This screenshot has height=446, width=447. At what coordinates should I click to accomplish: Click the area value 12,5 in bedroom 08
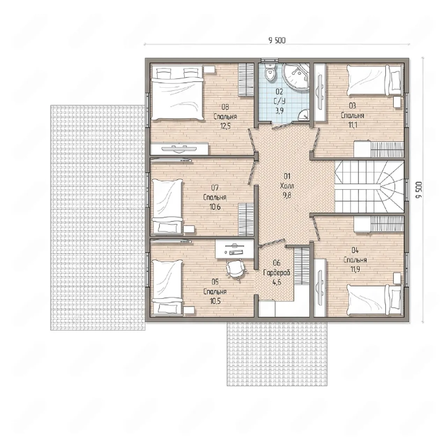point(225,126)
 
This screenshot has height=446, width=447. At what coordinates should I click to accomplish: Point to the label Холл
point(287,186)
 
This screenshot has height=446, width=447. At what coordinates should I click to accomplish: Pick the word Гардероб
point(277,272)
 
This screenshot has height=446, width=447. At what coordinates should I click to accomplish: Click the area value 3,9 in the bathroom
point(279,111)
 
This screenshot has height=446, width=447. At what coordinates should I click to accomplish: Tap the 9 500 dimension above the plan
point(277,41)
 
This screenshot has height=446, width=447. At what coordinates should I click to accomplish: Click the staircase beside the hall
point(369,187)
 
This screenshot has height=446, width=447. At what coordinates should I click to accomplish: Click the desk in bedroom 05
point(234,249)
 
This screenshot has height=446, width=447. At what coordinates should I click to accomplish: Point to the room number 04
point(355,250)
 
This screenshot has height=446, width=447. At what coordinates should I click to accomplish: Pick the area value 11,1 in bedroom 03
point(352,125)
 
